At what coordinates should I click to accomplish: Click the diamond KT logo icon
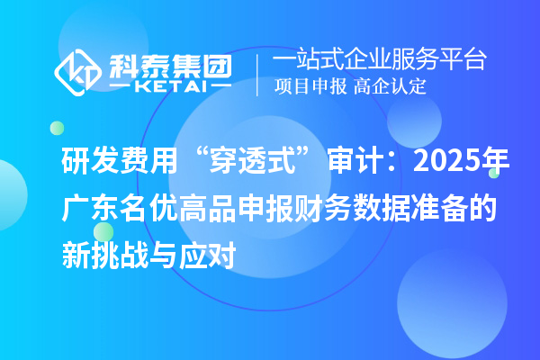click(x=79, y=73)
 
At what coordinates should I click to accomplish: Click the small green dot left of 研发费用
click(x=57, y=129)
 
